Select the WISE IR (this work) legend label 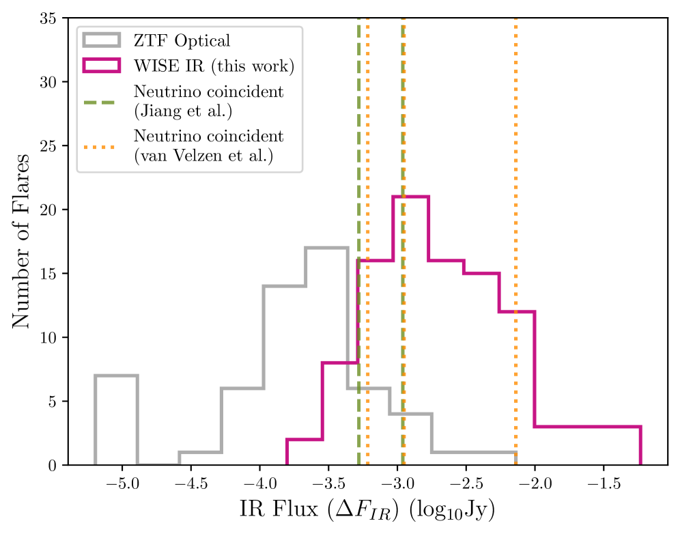pos(214,66)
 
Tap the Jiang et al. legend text pos(208,100)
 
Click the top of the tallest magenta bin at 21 pos(410,197)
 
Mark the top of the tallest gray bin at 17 pos(326,248)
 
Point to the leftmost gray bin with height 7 pos(116,376)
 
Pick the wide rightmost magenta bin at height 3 pos(587,427)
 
